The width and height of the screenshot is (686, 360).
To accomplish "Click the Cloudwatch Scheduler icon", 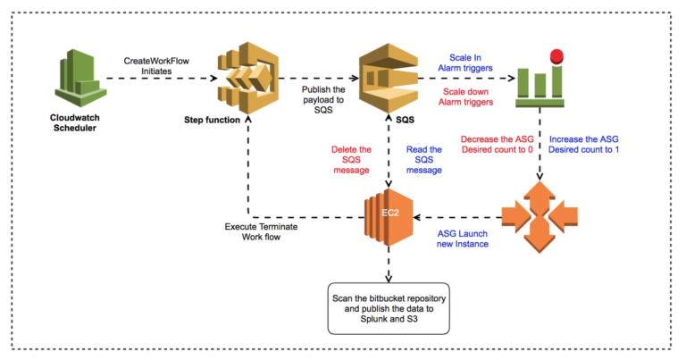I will [x=77, y=80].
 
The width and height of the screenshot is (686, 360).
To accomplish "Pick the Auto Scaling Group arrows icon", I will [x=537, y=217].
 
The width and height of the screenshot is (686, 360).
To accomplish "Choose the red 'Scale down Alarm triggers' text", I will [x=466, y=98].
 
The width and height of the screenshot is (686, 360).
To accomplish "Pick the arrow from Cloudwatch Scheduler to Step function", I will [x=161, y=80].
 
